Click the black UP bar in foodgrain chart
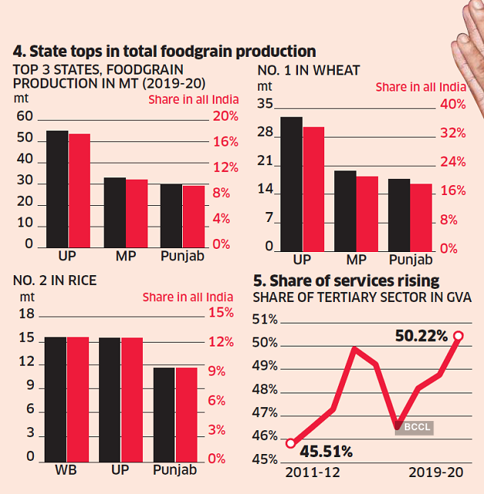(58, 189)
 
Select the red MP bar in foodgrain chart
(137, 213)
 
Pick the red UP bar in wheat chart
(313, 188)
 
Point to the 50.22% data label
(421, 337)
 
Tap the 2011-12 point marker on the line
(290, 443)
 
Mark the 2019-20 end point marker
(459, 336)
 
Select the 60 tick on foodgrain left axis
(25, 117)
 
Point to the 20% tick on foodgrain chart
(225, 117)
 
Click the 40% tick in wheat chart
(453, 104)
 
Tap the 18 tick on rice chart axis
(26, 313)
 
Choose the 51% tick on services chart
(265, 320)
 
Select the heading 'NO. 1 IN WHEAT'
(309, 71)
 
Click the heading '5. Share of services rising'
(347, 280)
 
